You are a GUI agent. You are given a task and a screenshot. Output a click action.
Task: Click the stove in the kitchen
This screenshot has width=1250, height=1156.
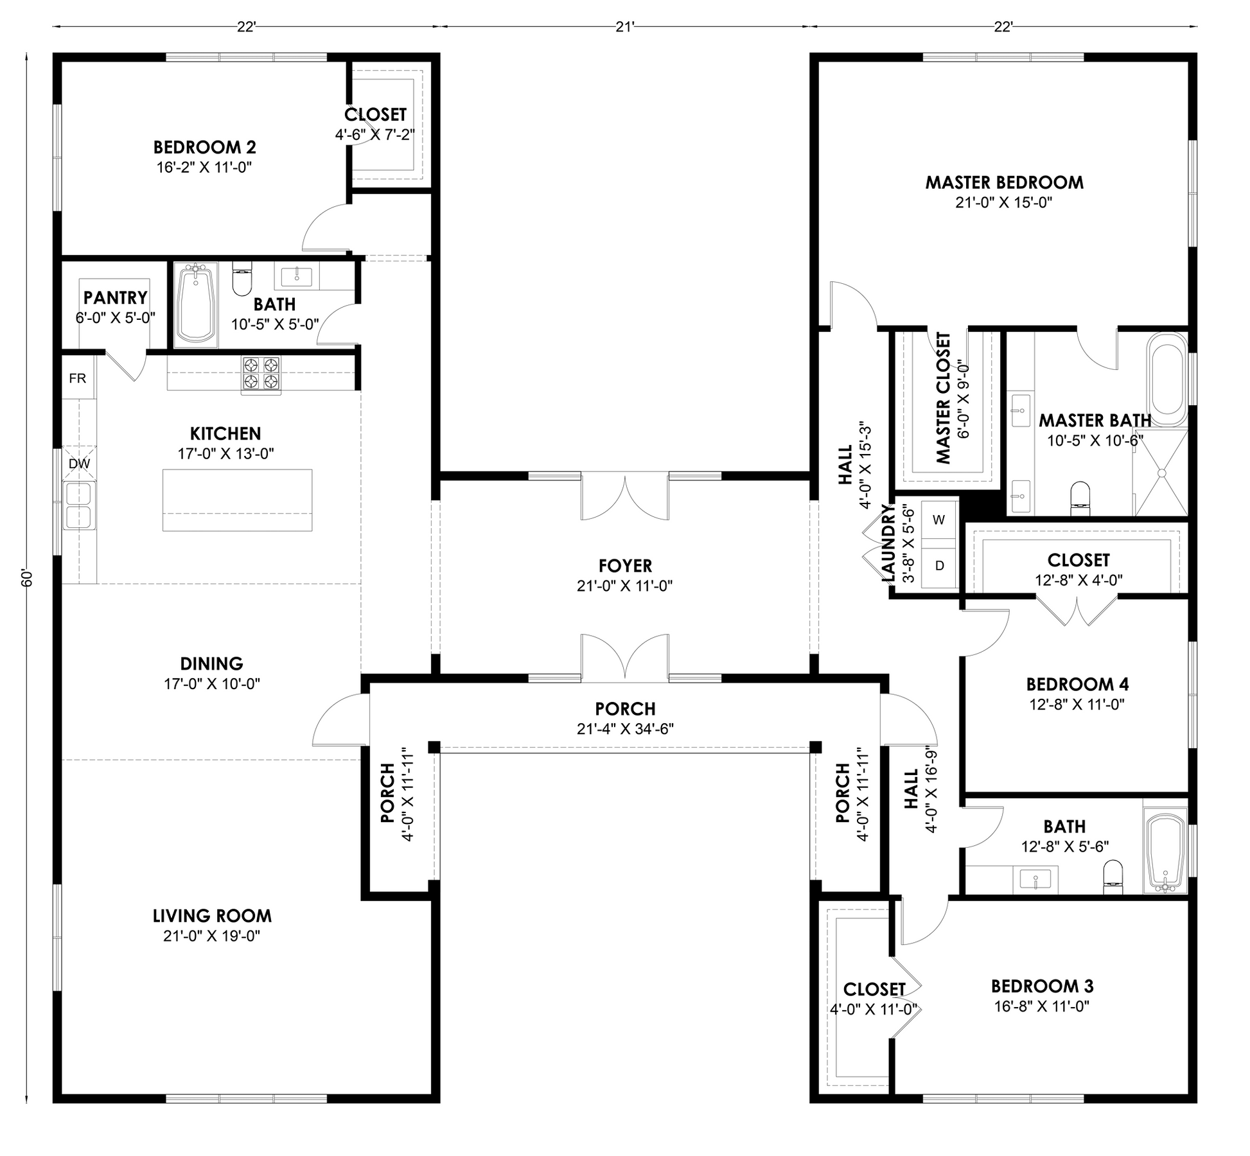click(261, 375)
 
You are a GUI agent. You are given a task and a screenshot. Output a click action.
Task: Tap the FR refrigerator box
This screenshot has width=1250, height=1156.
click(78, 378)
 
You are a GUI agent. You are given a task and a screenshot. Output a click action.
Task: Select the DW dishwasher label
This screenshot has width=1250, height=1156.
click(79, 463)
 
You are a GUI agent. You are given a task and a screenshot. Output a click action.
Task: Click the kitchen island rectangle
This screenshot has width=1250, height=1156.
click(237, 500)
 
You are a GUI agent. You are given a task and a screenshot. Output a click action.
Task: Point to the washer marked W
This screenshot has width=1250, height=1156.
click(938, 520)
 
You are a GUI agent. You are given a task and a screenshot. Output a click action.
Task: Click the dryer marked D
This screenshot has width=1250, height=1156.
click(938, 566)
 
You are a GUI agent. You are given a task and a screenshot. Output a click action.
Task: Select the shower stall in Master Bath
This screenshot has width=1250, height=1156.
click(1161, 473)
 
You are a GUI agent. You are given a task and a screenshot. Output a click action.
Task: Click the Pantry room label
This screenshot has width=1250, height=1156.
click(116, 297)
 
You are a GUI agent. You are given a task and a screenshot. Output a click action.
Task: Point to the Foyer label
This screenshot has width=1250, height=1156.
click(625, 566)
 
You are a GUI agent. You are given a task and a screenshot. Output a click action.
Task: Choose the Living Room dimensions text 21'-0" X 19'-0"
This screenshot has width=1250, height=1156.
click(211, 936)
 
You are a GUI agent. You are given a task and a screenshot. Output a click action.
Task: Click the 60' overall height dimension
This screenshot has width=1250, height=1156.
click(26, 577)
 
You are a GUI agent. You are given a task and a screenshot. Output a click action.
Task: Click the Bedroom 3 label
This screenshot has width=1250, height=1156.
click(1042, 986)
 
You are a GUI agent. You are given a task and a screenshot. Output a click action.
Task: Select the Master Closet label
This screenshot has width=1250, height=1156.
click(943, 398)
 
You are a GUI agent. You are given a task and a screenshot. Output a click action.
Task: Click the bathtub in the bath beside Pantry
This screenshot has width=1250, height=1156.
click(195, 304)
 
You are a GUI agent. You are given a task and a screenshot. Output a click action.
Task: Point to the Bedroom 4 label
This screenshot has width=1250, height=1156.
click(1077, 684)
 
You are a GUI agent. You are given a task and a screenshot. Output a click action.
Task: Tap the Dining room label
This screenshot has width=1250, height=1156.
click(211, 663)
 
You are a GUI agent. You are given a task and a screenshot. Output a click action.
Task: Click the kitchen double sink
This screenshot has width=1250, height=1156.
click(78, 506)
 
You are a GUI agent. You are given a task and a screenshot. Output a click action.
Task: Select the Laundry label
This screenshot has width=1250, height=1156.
click(888, 543)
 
